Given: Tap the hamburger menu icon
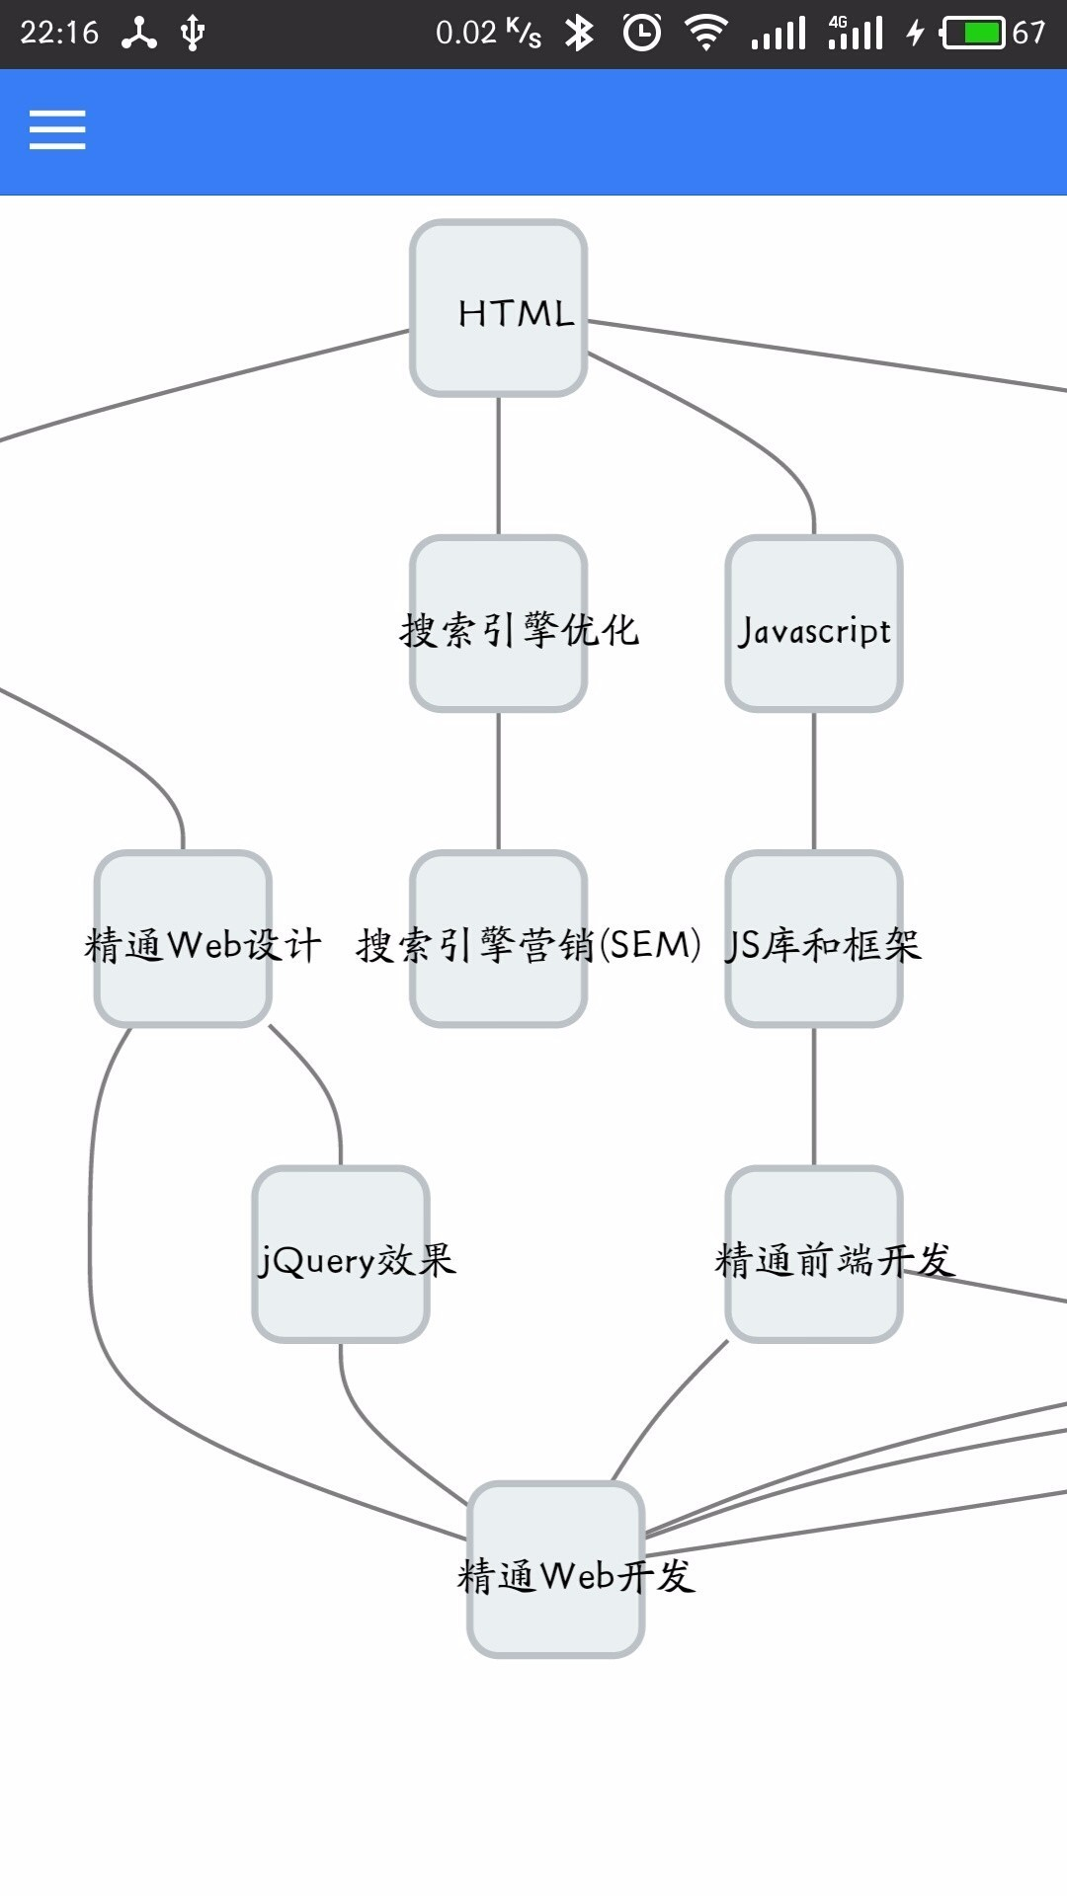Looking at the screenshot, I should click(x=57, y=130).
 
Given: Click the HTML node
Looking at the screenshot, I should click(x=499, y=308).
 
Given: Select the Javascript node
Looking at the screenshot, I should click(x=814, y=624).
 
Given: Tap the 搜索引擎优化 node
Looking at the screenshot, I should click(x=499, y=624).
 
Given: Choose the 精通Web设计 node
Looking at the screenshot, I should click(x=183, y=939).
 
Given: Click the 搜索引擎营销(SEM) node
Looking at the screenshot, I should click(x=499, y=939).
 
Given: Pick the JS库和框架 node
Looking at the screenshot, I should click(x=814, y=939).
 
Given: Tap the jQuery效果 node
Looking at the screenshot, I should click(x=341, y=1254).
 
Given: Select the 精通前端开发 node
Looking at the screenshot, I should click(x=814, y=1254).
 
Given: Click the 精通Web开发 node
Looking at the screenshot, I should click(x=556, y=1569).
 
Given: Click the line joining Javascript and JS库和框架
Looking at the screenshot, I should click(x=814, y=781).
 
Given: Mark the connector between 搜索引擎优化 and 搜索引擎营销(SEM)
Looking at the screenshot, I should click(x=499, y=781).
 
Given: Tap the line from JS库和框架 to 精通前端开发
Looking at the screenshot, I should click(x=814, y=1096).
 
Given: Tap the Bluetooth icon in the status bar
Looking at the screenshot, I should click(x=579, y=34).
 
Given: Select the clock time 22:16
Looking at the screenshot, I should click(x=59, y=34).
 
